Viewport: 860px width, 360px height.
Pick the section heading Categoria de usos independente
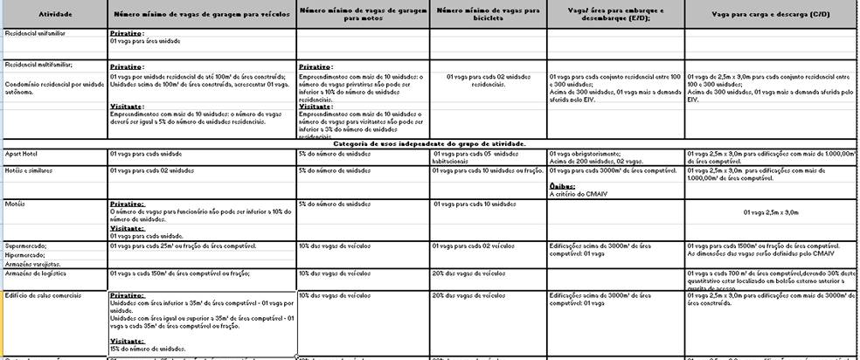pyautogui.click(x=429, y=142)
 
